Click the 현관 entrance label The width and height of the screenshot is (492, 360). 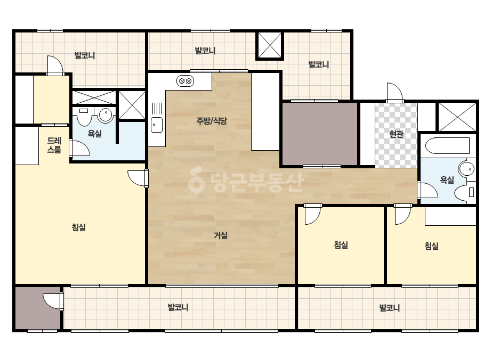point(396,134)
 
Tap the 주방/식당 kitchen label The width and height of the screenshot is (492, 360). point(212,121)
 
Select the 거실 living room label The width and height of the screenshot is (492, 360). point(221,235)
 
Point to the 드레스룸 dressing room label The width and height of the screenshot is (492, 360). point(54,145)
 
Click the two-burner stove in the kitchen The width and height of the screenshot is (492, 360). point(185,81)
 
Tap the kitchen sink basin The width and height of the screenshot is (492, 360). point(157,125)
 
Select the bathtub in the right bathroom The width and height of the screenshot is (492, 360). point(447,145)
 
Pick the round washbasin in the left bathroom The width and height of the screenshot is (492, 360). point(106,115)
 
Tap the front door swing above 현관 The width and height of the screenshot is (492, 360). point(394,92)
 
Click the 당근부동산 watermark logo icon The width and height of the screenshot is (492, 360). point(197,181)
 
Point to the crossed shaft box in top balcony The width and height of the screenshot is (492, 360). point(270,45)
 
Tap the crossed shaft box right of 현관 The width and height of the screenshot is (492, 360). point(457,117)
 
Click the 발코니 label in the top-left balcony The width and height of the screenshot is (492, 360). point(85,55)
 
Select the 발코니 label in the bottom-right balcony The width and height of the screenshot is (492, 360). point(390,308)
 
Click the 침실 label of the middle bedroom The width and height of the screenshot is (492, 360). point(341,244)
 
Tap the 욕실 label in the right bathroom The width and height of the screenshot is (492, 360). point(447,179)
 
